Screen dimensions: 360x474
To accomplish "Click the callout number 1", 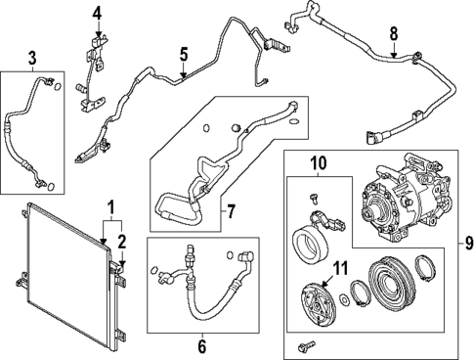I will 110,207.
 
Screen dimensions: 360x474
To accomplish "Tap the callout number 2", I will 121,240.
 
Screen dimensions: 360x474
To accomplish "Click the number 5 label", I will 183,54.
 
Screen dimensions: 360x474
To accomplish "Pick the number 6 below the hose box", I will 202,345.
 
